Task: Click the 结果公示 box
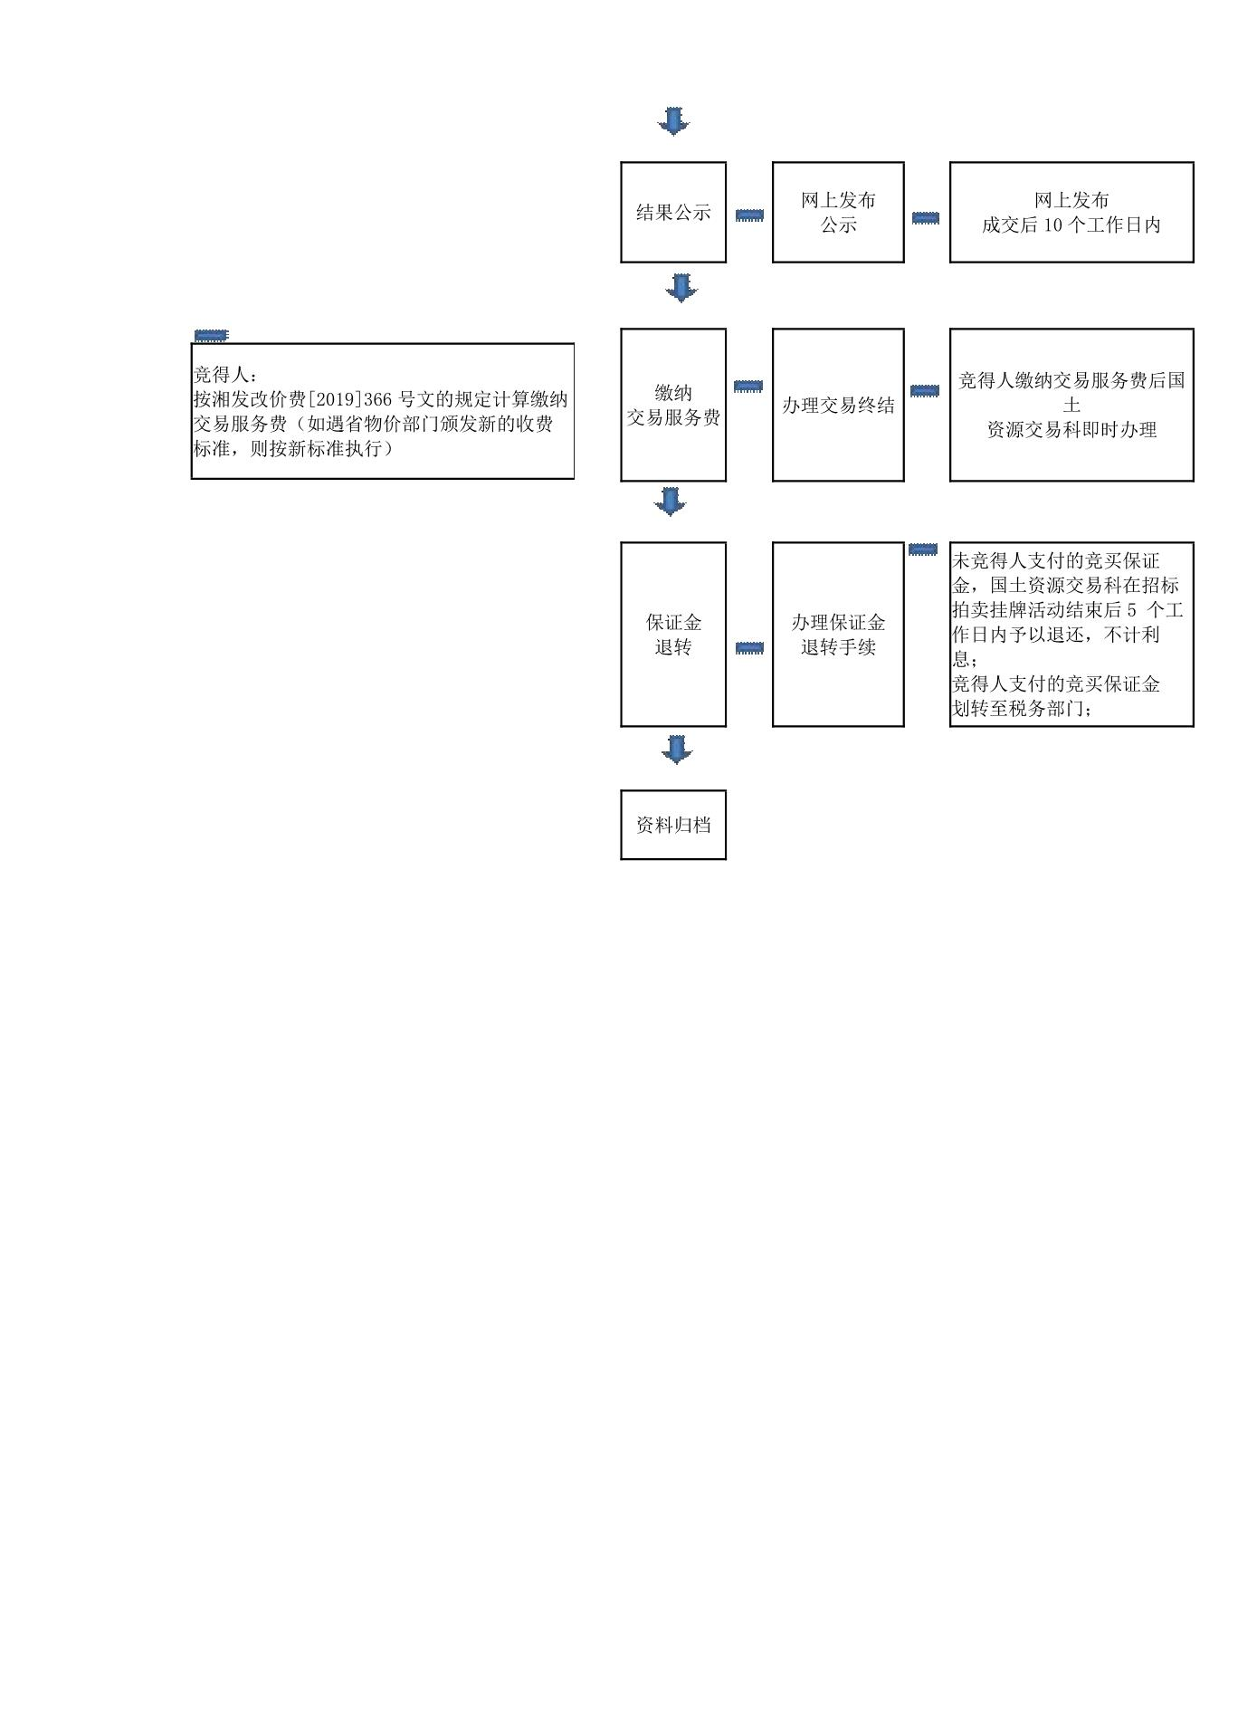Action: tap(673, 213)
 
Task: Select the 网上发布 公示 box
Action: tap(838, 213)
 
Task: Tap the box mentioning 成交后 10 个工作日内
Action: tap(1071, 213)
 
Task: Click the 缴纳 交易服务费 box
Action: tap(673, 405)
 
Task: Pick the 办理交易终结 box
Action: tap(838, 405)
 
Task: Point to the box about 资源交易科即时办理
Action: tap(1071, 405)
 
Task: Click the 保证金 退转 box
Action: tap(673, 635)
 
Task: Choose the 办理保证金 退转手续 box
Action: tap(838, 635)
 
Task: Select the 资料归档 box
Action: tap(673, 825)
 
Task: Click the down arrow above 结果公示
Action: tap(673, 120)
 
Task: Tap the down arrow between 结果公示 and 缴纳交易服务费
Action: tap(681, 288)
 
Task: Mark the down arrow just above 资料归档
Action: tap(677, 750)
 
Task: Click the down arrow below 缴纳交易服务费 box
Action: tap(671, 502)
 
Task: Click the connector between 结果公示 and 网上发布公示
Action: tap(749, 215)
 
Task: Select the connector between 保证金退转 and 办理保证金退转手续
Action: tap(749, 648)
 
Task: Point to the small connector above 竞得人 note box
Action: tap(211, 336)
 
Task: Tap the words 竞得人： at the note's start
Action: tap(225, 375)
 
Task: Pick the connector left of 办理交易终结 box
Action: tap(748, 387)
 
